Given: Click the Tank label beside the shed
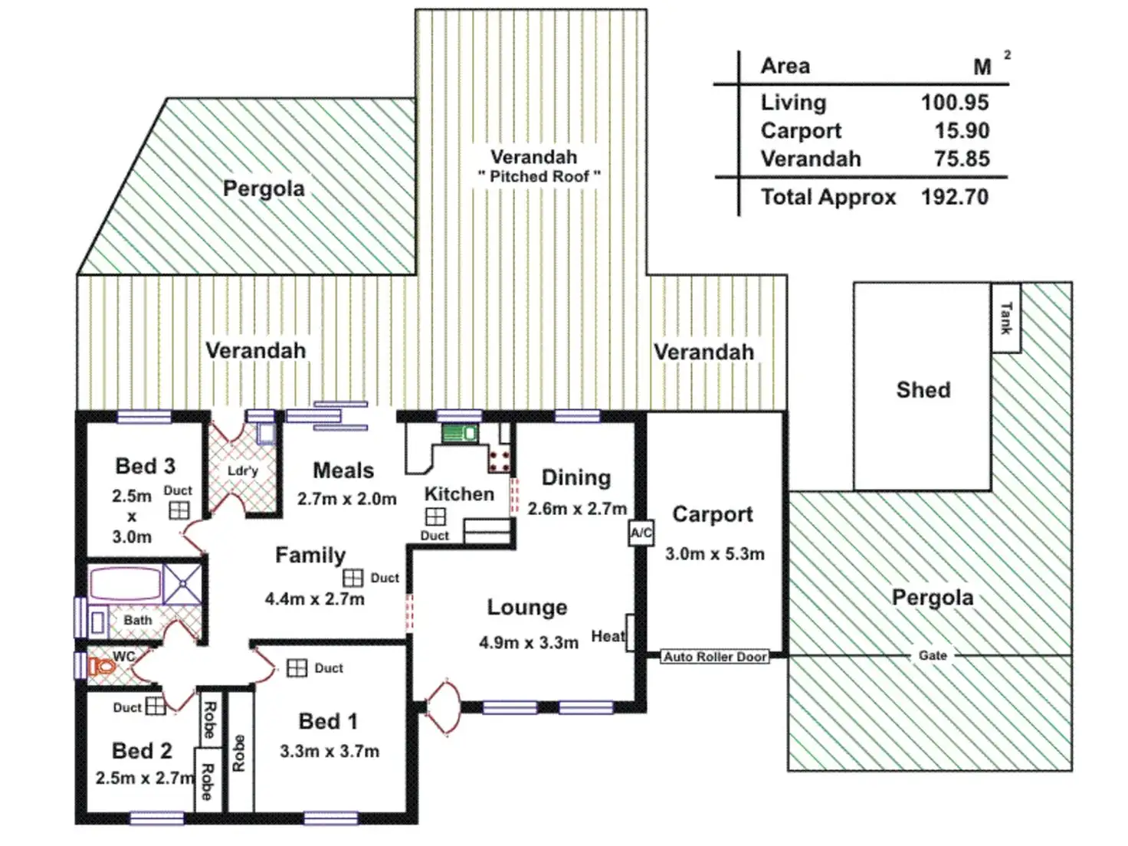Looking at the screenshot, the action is (x=1005, y=318).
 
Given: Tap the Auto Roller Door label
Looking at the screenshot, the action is (x=715, y=657).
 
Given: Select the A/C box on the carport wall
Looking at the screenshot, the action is (x=641, y=533).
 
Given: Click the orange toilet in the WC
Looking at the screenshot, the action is (x=102, y=667).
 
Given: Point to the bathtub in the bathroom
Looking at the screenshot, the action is (x=125, y=584).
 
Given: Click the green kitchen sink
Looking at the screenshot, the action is (x=460, y=434).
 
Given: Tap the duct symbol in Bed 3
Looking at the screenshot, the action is (x=179, y=510).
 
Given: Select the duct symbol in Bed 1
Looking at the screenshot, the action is (x=297, y=668).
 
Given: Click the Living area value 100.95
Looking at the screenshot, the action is (x=954, y=102).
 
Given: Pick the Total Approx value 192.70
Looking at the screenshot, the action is (x=954, y=197).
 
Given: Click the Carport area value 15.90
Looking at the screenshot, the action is (x=961, y=130).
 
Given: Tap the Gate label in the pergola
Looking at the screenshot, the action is (x=933, y=655).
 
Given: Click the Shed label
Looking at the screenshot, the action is (x=923, y=389).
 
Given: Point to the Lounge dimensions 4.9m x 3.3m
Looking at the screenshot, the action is (x=528, y=643).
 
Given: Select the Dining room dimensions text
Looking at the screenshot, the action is (x=576, y=508).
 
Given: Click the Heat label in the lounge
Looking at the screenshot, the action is (x=608, y=636).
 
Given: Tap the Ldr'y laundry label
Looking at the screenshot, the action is (x=242, y=471).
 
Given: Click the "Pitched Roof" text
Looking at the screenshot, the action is (x=539, y=176).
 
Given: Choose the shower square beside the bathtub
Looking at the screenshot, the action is (x=182, y=584).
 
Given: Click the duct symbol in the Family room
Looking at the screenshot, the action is (x=352, y=578).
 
